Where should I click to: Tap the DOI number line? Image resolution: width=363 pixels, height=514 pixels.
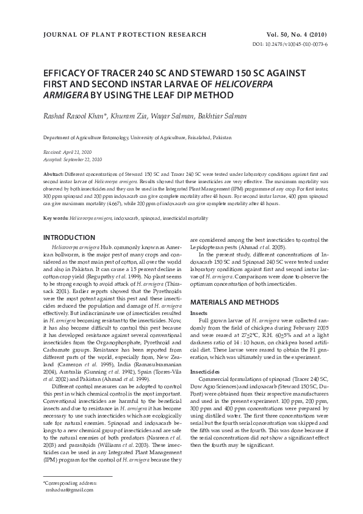coord(290,45)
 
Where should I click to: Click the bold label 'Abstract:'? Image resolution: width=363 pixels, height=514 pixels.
coord(54,175)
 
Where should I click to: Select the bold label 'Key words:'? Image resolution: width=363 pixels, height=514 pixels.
coord(56,218)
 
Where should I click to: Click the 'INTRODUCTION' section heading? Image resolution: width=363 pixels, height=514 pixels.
coord(71,237)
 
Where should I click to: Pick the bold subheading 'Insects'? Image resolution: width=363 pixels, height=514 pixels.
coord(199,313)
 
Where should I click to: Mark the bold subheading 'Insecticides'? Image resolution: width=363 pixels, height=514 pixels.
coord(204,371)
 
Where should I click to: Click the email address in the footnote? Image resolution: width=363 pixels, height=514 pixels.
coord(70,490)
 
